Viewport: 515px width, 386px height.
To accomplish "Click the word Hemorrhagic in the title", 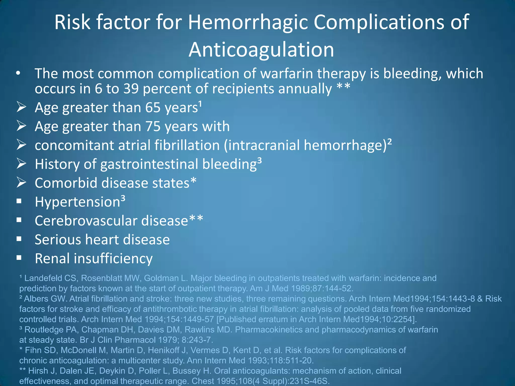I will (248, 23).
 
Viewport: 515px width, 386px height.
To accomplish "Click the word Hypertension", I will (77, 202).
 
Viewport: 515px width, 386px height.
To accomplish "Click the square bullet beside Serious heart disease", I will (19, 239).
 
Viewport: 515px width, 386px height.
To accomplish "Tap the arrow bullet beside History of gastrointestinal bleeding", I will (21, 164).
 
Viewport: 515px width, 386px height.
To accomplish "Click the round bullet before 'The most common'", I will (18, 73).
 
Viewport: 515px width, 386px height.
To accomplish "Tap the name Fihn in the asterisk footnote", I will (31, 350).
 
